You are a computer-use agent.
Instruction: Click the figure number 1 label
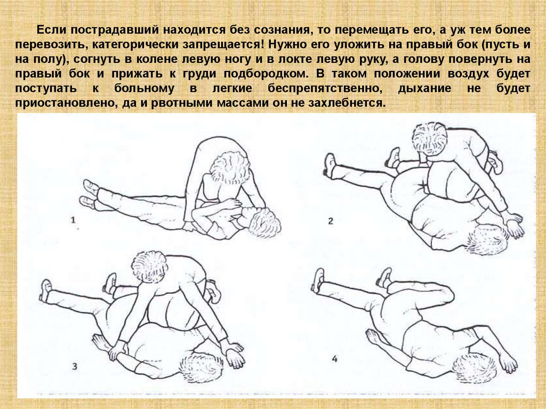click(73, 220)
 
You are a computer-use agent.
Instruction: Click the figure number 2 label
click(331, 221)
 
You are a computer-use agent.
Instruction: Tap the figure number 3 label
click(75, 366)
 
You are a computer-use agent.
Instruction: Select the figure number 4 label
click(335, 358)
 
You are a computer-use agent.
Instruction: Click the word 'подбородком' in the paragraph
click(266, 74)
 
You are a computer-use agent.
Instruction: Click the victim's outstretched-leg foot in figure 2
click(330, 165)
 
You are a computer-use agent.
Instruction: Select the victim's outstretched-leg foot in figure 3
click(46, 290)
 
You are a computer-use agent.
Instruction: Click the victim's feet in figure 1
click(90, 194)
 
